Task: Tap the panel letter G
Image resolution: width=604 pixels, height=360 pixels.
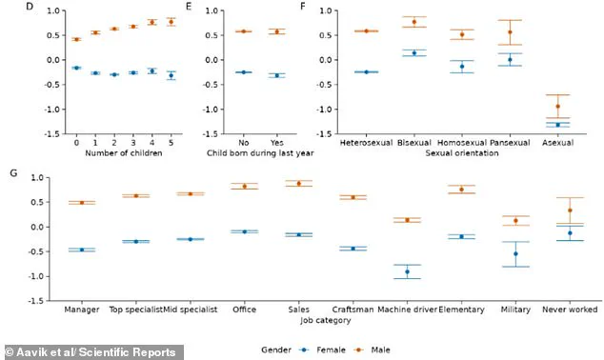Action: [x=10, y=172]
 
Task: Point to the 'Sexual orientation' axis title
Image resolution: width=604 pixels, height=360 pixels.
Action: [x=460, y=150]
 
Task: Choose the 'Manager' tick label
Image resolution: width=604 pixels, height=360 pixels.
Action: [x=82, y=310]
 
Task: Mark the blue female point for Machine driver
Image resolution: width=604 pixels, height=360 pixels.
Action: [x=407, y=271]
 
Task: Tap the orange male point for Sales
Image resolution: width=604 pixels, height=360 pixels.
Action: [x=299, y=184]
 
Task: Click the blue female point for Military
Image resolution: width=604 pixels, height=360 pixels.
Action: [x=515, y=253]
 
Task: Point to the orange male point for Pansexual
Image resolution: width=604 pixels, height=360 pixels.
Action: [x=510, y=32]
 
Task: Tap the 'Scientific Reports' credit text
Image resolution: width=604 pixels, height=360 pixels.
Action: [x=103, y=350]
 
